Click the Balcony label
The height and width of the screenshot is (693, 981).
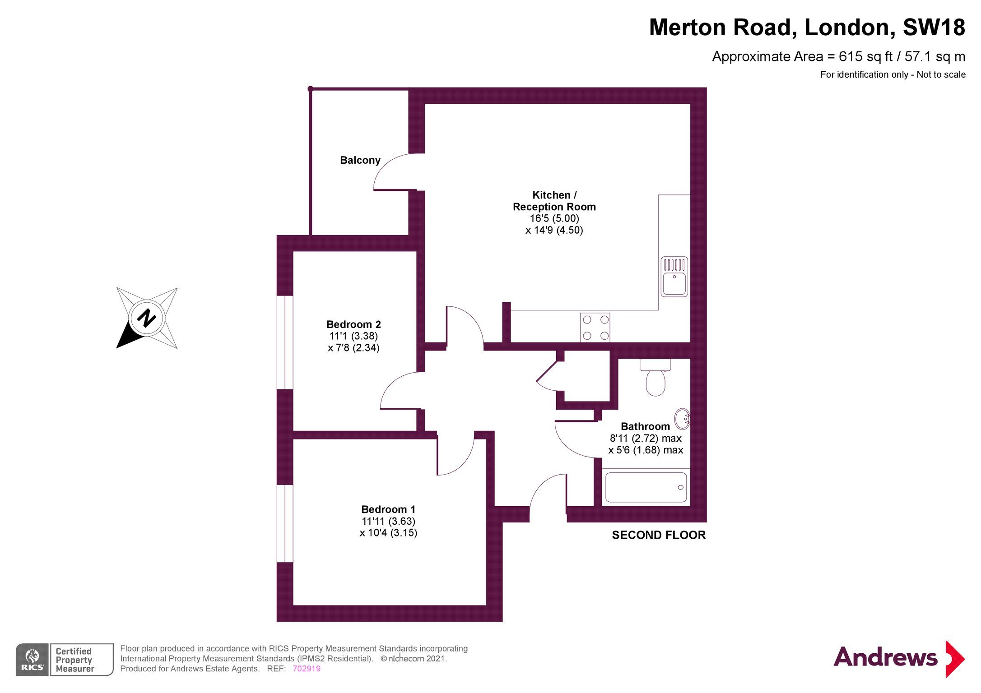360,160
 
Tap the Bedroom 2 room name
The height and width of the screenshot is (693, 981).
353,324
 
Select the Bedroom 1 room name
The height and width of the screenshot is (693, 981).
388,509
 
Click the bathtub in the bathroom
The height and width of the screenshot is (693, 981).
646,487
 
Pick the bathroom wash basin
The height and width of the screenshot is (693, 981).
682,419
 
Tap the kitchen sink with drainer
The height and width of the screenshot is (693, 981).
674,277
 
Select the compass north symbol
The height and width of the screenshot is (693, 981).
147,318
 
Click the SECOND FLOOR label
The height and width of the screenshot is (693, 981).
659,535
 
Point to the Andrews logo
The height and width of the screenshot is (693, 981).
898,658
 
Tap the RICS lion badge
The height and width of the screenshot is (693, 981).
32,660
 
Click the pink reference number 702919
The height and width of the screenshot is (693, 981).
307,669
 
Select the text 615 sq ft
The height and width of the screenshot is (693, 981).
865,57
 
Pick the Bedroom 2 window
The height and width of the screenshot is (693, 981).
285,342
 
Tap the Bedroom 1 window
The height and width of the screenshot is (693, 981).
285,523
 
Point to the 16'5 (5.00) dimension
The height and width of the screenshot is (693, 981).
554,218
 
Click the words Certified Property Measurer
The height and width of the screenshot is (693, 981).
75,660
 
